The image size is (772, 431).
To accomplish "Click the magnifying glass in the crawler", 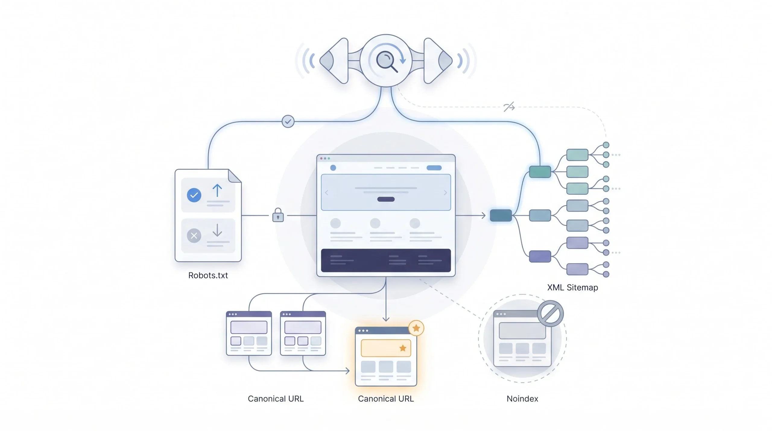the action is click(386, 61).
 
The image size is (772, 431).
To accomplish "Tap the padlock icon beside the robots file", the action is click(278, 215).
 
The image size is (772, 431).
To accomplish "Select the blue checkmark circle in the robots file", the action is click(194, 195).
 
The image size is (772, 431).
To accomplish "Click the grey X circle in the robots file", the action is click(194, 236).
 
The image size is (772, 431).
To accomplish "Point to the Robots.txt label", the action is click(208, 275).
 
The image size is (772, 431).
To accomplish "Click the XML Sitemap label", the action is click(572, 287).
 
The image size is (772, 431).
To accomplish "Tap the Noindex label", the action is click(522, 399).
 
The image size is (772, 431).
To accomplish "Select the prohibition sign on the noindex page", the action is click(550, 313).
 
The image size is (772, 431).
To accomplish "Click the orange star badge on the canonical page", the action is click(416, 328).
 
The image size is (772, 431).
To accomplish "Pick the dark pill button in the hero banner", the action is click(386, 199).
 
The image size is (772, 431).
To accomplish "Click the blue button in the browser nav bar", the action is click(434, 168).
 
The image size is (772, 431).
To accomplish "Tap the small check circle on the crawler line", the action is click(288, 122).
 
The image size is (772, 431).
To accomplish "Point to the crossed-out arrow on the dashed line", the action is click(509, 107).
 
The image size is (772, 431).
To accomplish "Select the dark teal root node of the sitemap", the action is click(501, 215).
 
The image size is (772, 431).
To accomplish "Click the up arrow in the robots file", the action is click(217, 191).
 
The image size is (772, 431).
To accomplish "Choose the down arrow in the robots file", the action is click(217, 230).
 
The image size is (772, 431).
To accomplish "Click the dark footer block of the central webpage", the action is click(386, 260).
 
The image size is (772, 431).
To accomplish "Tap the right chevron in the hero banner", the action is click(445, 192).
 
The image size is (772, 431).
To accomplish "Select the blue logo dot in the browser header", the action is click(333, 168).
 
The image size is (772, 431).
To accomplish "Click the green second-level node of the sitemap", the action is click(540, 172).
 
